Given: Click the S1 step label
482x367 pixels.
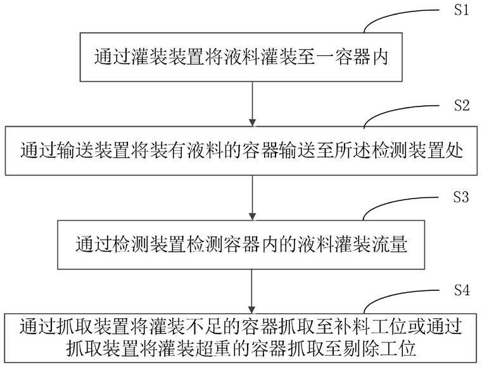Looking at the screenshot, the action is click(461, 10).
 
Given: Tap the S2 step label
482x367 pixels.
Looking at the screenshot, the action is click(462, 105).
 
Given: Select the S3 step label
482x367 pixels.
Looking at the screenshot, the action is click(461, 197).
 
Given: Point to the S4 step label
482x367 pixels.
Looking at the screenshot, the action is click(462, 290).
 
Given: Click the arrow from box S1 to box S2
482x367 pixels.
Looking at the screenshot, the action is click(252, 104).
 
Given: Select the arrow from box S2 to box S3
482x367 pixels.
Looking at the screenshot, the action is click(252, 198).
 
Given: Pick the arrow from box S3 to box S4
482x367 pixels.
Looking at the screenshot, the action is click(252, 292).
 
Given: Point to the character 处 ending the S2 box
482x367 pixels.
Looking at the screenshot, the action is click(453, 150).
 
